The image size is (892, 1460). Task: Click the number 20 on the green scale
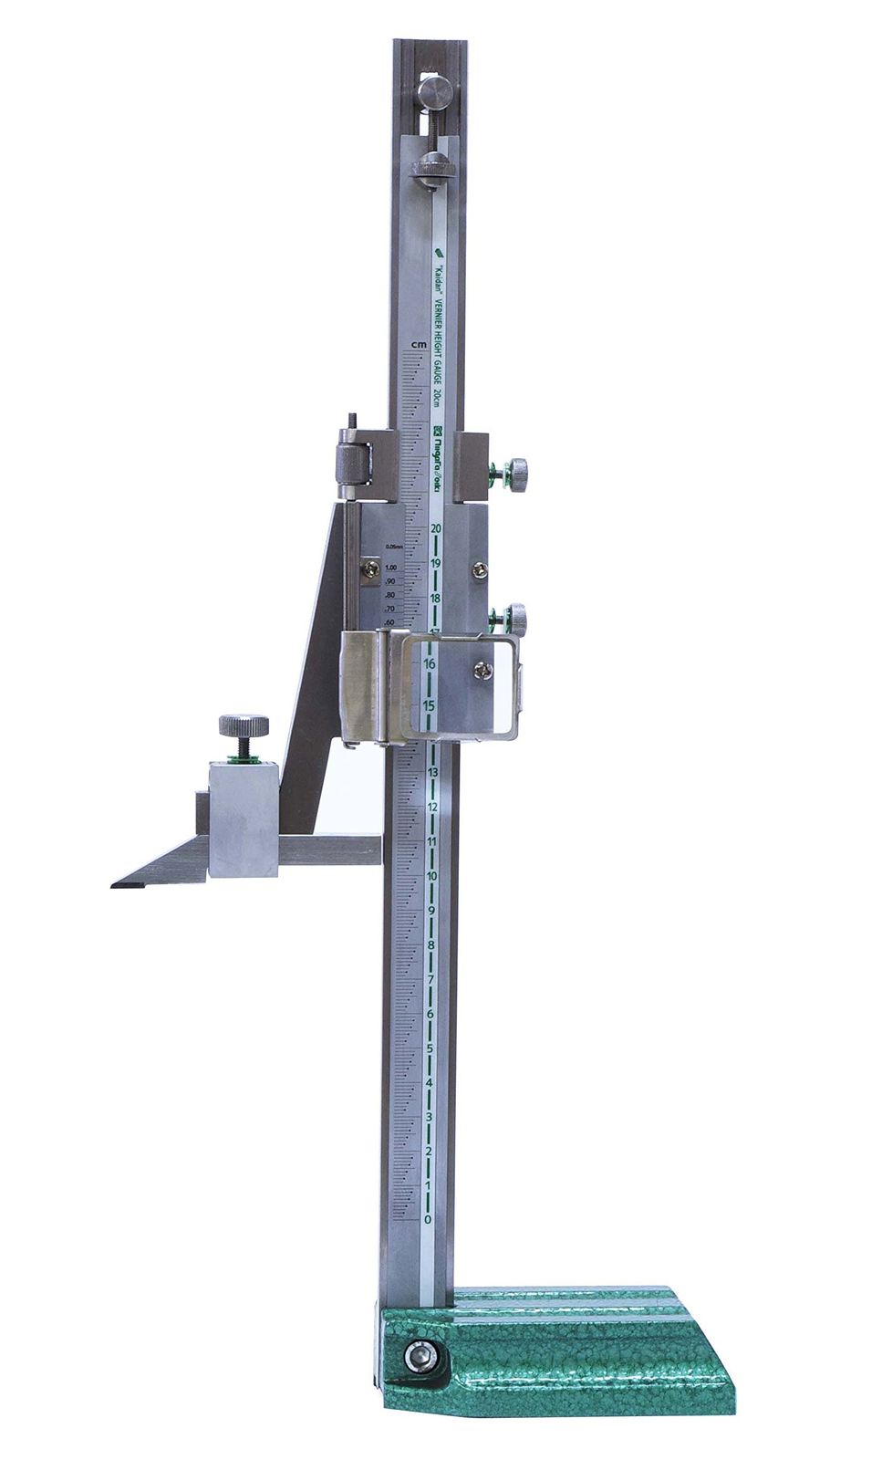pos(436,528)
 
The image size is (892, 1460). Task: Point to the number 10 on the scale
pos(430,876)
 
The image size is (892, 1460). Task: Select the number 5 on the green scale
pos(430,1048)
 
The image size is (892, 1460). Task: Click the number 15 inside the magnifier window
pos(429,705)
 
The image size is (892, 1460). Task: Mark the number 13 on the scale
pos(432,773)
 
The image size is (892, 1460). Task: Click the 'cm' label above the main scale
pos(419,344)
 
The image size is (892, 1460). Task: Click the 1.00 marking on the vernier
pos(390,568)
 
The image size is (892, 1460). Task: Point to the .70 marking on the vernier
pos(390,609)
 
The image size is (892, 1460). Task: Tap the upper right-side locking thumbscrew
pos(517,474)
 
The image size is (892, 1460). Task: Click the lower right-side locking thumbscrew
pos(517,619)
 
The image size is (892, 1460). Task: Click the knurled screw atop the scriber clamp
pos(244,726)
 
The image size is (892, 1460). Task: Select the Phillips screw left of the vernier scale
pos(371,568)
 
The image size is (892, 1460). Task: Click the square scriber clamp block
pos(243,819)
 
